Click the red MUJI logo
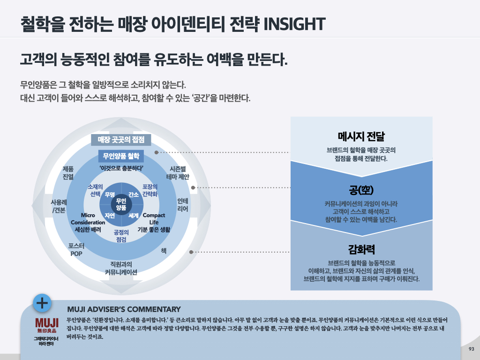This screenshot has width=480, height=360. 47,323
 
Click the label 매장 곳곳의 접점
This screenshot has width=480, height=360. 121,140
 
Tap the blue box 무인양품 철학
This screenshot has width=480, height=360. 121,156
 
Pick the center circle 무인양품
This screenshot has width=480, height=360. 121,204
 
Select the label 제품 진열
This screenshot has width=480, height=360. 68,173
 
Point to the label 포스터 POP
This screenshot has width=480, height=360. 76,250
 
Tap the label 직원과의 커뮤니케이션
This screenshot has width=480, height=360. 121,268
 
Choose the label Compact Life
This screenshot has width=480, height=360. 154,219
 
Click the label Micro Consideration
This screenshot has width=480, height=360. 88,219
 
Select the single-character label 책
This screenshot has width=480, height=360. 164,251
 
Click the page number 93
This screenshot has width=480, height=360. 471,349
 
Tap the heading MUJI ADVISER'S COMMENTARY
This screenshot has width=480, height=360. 124,309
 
